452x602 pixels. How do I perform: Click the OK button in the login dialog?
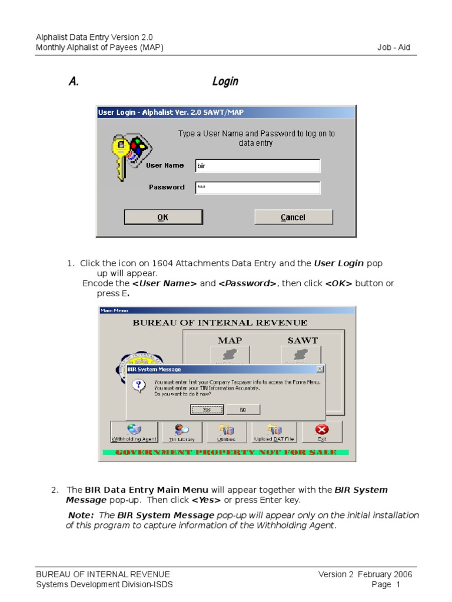coord(162,217)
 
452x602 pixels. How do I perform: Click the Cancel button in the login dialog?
coord(293,217)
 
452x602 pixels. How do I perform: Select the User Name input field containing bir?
coord(258,166)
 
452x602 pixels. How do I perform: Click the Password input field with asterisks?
coord(258,188)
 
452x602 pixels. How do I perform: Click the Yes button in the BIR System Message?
coord(207,409)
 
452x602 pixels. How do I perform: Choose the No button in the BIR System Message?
coord(242,409)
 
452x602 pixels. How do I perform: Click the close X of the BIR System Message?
coord(320,369)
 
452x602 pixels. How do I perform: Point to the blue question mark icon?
coord(139,386)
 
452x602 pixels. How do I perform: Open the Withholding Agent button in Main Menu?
coord(134,432)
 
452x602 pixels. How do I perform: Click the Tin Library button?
coord(182,432)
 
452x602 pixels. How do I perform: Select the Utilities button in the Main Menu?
coord(226,432)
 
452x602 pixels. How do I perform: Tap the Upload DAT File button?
coord(275,432)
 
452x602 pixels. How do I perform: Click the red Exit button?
coord(321,432)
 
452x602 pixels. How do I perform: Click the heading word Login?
coord(225,81)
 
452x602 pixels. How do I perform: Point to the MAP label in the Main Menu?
coord(230,340)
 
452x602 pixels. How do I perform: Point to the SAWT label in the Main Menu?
coord(302,340)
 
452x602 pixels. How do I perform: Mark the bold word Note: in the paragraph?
coord(81,515)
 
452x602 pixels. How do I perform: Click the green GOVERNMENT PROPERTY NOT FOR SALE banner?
coord(226,452)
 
